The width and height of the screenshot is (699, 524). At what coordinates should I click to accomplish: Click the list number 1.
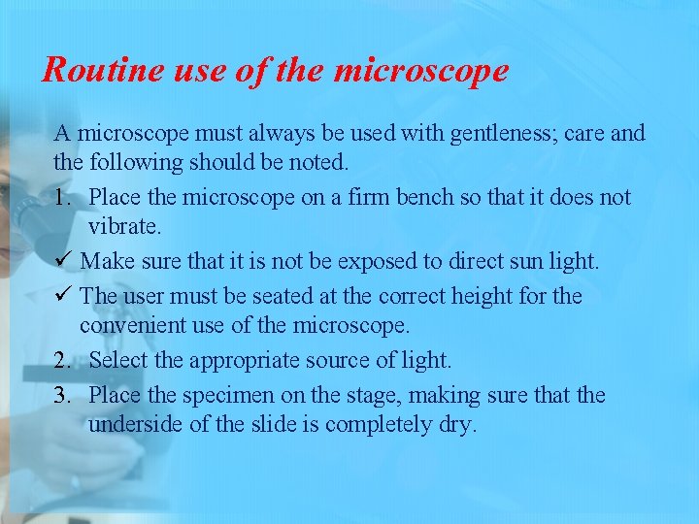coord(62,198)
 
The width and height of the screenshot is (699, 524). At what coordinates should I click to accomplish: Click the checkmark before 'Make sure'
coord(63,261)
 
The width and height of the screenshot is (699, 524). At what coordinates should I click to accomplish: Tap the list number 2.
coord(62,361)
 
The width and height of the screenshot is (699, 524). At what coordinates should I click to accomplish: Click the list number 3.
coord(62,396)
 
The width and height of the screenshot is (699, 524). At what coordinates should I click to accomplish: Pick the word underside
coord(135,425)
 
